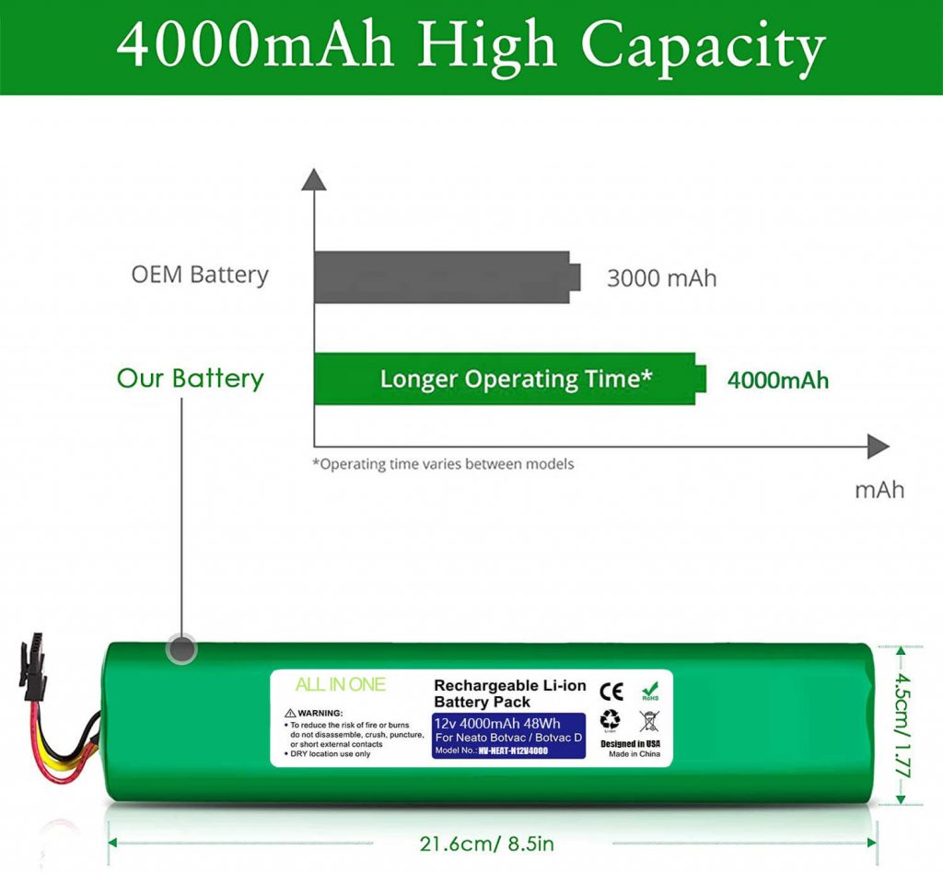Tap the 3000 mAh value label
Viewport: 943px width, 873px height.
(661, 277)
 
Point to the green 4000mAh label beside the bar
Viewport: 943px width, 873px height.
(778, 379)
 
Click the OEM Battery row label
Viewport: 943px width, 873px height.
(200, 274)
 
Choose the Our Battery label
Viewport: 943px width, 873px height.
(190, 378)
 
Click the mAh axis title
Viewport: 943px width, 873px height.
(879, 489)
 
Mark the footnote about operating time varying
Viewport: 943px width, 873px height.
(443, 464)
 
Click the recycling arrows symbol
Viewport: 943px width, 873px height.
(610, 720)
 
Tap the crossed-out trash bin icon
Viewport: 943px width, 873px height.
(649, 720)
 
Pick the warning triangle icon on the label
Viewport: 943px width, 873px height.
(290, 713)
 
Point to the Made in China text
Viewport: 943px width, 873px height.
(635, 753)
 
